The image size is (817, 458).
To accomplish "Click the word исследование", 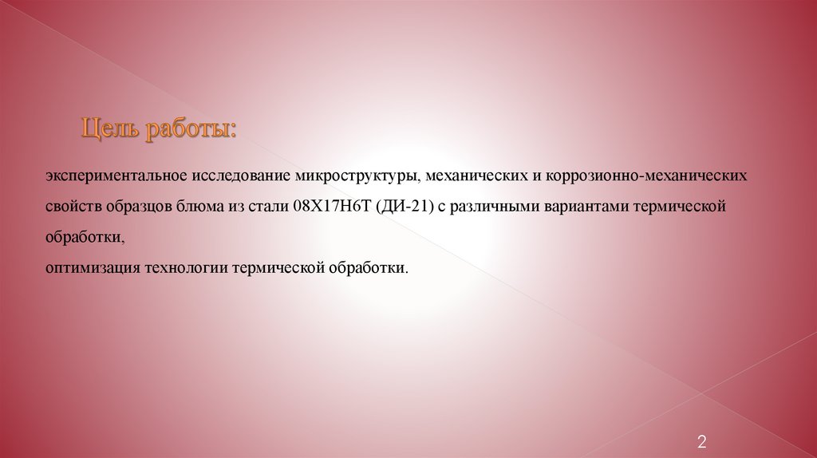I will click(x=240, y=175).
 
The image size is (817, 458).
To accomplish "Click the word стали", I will click(x=270, y=207).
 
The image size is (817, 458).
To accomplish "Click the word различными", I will click(x=495, y=207).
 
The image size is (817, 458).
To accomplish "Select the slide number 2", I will click(x=702, y=441).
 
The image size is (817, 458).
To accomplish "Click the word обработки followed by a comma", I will click(x=85, y=237).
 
